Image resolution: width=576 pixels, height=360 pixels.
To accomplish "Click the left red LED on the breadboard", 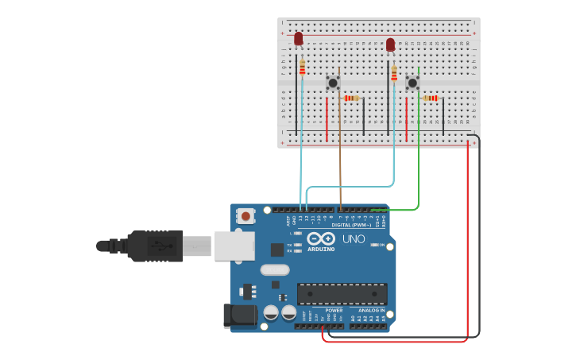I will pyautogui.click(x=299, y=38).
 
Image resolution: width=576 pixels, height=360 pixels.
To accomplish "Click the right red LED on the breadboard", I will pyautogui.click(x=390, y=45).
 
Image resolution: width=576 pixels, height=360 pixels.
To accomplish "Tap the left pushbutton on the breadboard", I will pyautogui.click(x=333, y=83).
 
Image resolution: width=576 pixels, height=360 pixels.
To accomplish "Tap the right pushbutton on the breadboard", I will pyautogui.click(x=412, y=83).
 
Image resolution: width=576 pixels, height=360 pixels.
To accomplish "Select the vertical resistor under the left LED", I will pyautogui.click(x=302, y=68).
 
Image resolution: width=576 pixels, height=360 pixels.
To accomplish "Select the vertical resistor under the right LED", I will pyautogui.click(x=393, y=73).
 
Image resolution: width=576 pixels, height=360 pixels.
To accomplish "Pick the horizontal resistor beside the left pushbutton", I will pyautogui.click(x=351, y=98).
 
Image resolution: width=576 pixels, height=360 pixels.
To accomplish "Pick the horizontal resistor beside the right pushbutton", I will pyautogui.click(x=430, y=98).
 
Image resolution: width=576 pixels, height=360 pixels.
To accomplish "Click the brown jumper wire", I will pyautogui.click(x=340, y=151).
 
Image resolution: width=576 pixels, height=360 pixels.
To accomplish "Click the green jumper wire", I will pyautogui.click(x=419, y=151).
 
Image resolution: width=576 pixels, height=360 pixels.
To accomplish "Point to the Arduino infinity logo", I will pyautogui.click(x=320, y=238).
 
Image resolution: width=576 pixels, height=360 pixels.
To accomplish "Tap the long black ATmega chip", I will pyautogui.click(x=342, y=293).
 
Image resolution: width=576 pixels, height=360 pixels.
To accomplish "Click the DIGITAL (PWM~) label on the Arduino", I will pyautogui.click(x=354, y=225).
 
